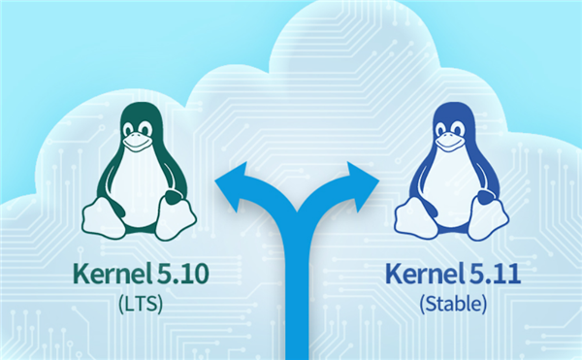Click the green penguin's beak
[138, 143]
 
